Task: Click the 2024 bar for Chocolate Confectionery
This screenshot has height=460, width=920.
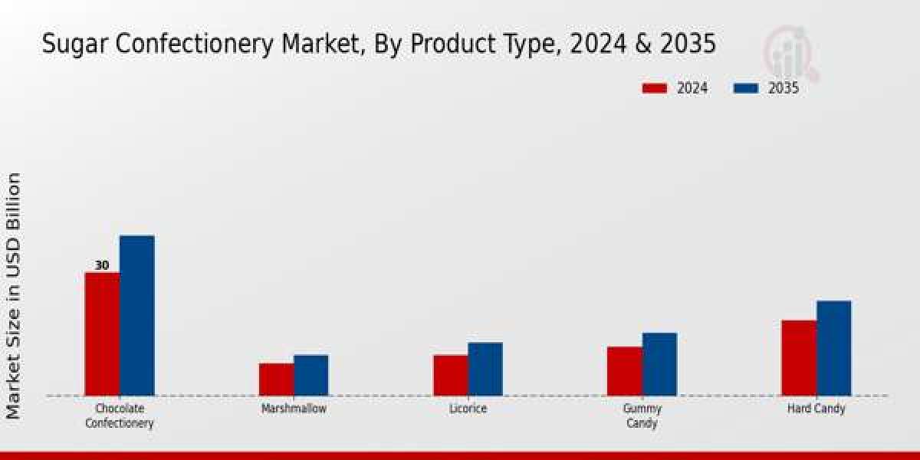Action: tap(102, 333)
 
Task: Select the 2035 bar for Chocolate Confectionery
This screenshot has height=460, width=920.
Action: tap(136, 315)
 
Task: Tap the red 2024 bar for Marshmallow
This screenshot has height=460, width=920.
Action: tap(276, 379)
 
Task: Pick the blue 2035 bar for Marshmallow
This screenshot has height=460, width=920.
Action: tap(310, 375)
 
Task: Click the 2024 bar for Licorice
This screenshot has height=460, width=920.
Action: tap(450, 375)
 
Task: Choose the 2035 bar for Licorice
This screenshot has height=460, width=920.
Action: tap(485, 369)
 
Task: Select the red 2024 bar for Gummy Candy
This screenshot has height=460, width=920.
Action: tap(624, 371)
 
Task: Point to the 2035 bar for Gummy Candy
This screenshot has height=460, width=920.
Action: tap(659, 364)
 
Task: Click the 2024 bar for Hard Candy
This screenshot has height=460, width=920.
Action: tap(798, 357)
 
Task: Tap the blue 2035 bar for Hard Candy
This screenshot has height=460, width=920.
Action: tap(833, 348)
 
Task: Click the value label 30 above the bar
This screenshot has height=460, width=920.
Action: tap(102, 265)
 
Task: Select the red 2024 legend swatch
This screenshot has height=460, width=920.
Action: tap(655, 88)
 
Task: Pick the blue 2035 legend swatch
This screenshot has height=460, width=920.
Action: tap(746, 88)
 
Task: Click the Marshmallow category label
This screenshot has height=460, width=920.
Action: tap(294, 409)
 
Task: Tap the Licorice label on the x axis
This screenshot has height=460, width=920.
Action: tap(468, 409)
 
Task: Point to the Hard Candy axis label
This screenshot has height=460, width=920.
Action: tap(816, 409)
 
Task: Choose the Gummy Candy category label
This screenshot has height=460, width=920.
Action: tap(642, 416)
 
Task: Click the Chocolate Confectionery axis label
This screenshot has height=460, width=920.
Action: tap(120, 416)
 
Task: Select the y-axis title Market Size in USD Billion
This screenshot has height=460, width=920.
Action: tap(14, 296)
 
